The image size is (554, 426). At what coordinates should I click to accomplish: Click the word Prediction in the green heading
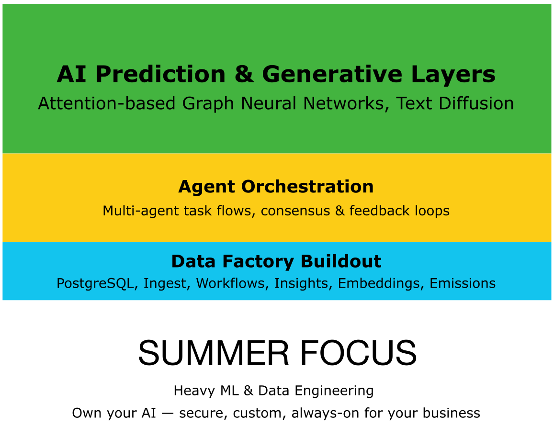(160, 74)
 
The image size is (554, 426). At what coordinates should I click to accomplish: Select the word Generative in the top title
(332, 74)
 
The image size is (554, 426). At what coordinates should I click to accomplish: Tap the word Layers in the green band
(453, 75)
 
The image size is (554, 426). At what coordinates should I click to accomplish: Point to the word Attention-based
(107, 103)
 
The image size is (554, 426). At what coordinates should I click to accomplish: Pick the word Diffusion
(476, 103)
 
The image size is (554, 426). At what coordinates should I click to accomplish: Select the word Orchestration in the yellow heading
(307, 187)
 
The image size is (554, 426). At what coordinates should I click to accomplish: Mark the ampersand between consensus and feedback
(340, 211)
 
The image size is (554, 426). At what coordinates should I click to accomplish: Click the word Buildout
(341, 261)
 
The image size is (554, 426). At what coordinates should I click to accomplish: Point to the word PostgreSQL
(95, 283)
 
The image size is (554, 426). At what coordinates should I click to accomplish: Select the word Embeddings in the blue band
(379, 283)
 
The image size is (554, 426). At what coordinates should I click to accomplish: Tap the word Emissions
(463, 283)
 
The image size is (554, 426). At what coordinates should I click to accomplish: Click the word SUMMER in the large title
(214, 353)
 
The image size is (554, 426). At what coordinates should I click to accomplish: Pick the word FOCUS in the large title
(358, 353)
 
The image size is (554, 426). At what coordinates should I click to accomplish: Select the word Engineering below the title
(334, 391)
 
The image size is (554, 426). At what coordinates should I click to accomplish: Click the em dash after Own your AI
(168, 413)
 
